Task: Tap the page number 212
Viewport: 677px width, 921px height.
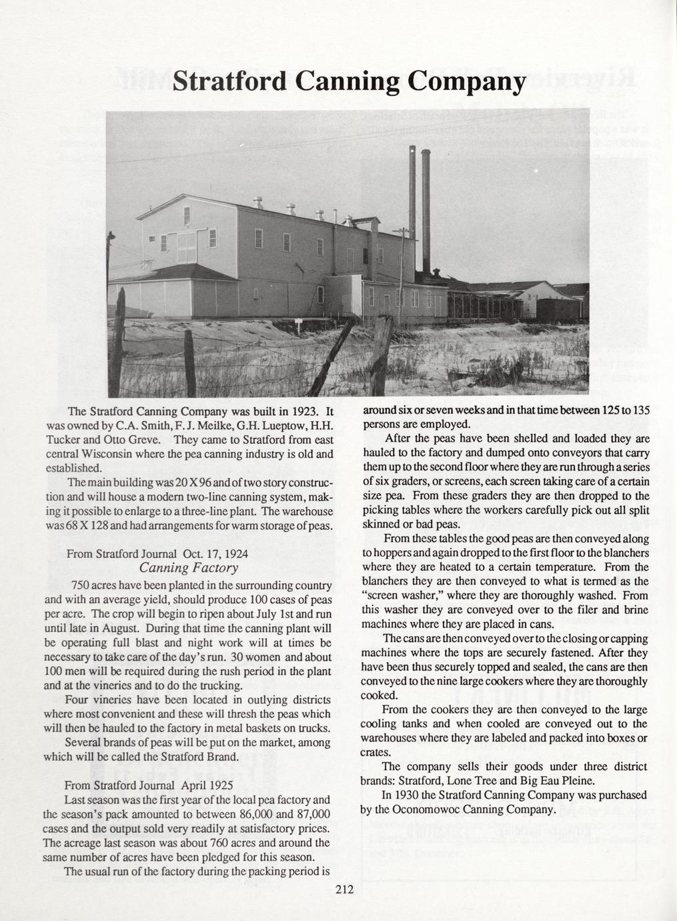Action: click(344, 889)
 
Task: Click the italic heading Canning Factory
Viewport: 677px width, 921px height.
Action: click(188, 568)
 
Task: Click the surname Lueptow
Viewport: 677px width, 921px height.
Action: click(257, 425)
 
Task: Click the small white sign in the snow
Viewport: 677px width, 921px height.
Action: click(298, 322)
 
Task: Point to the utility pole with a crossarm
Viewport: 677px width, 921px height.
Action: click(402, 267)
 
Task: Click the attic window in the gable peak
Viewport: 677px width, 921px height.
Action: click(187, 216)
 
